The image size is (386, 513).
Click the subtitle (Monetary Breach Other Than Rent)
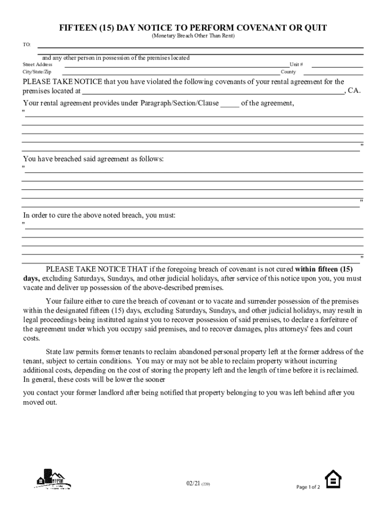click(193, 37)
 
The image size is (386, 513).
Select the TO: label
click(27, 45)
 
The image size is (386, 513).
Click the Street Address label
click(38, 65)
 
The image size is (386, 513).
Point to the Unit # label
click(296, 65)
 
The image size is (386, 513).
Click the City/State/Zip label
click(37, 72)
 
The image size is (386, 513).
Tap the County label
click(288, 72)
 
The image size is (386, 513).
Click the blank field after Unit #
click(338, 65)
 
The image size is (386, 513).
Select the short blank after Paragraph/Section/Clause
click(230, 104)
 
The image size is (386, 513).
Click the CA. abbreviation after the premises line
click(354, 91)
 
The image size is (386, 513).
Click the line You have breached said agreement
click(93, 159)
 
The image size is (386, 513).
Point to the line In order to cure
click(99, 215)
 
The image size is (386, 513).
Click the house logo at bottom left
click(53, 479)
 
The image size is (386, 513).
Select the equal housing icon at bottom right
click(333, 479)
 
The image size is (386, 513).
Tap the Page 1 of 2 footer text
click(308, 487)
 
